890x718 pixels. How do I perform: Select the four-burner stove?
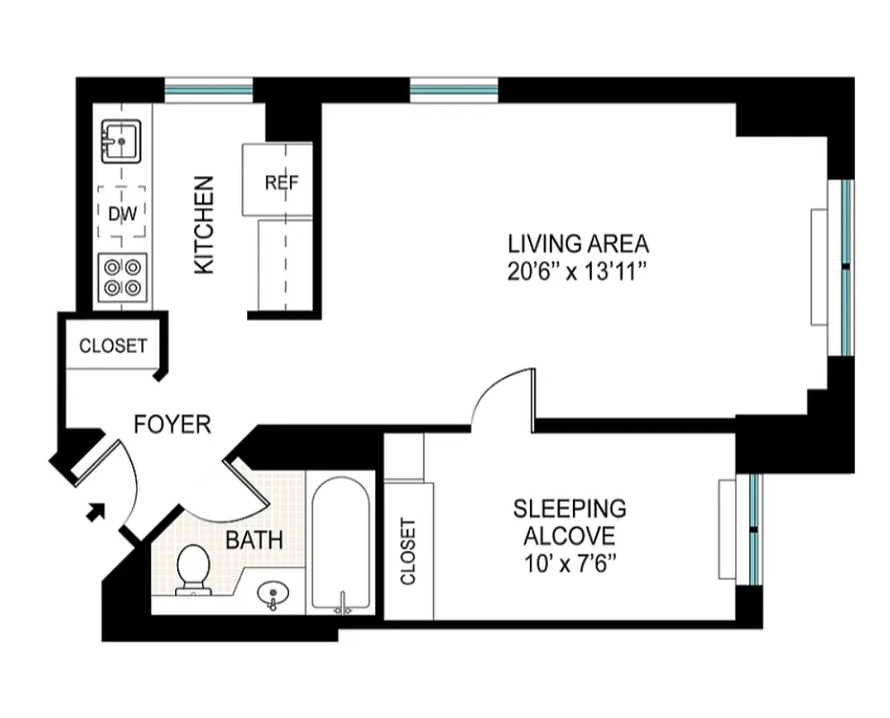[122, 276]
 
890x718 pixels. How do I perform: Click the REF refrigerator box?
[280, 182]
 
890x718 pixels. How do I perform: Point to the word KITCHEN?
[205, 225]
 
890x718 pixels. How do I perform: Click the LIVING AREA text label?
[577, 243]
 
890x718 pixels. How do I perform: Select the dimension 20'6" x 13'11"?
[577, 272]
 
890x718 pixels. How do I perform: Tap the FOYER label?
[172, 425]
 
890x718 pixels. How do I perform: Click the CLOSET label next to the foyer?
[113, 346]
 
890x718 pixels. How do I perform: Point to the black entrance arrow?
[95, 512]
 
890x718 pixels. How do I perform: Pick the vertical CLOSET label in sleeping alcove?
[409, 551]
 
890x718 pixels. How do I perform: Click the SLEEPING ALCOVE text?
[569, 522]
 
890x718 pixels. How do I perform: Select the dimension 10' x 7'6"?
[569, 565]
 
